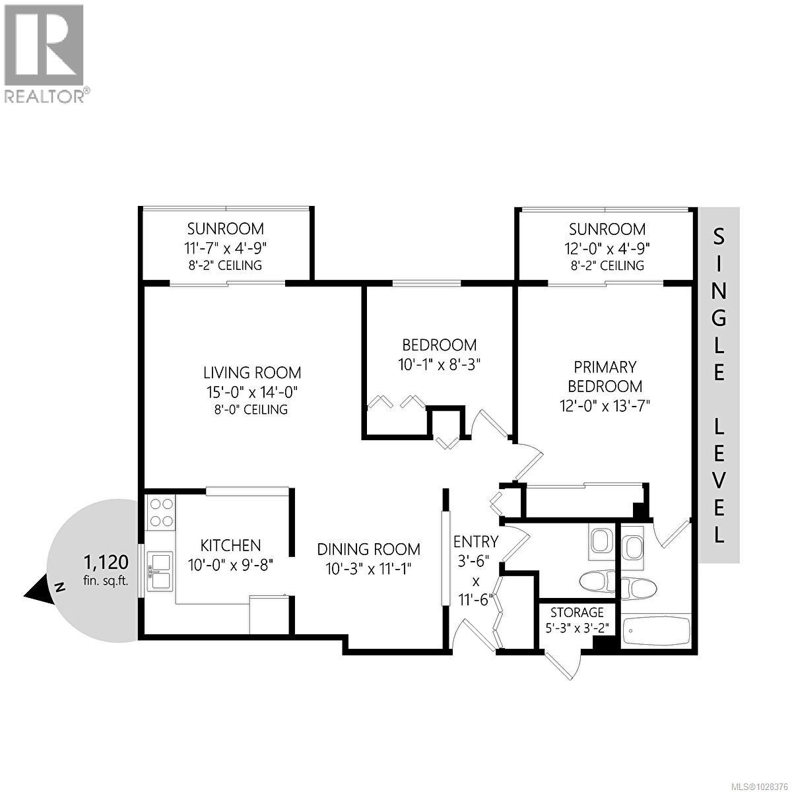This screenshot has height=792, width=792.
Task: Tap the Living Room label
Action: coord(252,373)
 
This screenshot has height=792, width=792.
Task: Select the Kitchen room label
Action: coord(230,545)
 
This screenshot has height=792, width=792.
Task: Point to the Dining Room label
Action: coord(368,549)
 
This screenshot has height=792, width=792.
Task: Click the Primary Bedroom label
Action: coord(605,376)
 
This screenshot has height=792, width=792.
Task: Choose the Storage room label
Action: coord(577,612)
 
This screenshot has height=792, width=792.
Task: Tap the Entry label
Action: coord(475,542)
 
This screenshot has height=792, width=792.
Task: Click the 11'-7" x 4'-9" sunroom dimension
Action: coord(225,247)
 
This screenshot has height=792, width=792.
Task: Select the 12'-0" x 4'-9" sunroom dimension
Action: coord(607,247)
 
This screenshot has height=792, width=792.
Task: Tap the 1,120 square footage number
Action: coord(105,563)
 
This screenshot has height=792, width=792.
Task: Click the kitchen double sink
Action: coord(160,572)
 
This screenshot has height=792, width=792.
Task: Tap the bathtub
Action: coord(656,632)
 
